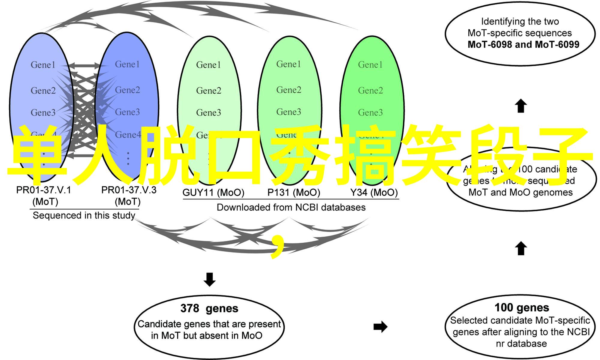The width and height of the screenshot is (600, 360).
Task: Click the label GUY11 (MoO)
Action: pyautogui.click(x=213, y=193)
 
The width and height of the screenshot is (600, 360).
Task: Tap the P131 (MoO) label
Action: pyautogui.click(x=294, y=193)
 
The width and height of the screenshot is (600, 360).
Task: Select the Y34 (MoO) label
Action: pyautogui.click(x=374, y=193)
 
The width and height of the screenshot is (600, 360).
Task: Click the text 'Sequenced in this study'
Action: pyautogui.click(x=84, y=215)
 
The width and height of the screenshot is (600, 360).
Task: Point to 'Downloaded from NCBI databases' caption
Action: pyautogui.click(x=291, y=207)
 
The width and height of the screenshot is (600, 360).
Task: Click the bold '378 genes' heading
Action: pyautogui.click(x=209, y=308)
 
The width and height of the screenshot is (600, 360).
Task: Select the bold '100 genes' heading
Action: pyautogui.click(x=522, y=307)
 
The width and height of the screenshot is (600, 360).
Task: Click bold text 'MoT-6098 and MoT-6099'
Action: pyautogui.click(x=523, y=44)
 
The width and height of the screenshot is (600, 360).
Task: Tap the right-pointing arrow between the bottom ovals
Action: pyautogui.click(x=380, y=327)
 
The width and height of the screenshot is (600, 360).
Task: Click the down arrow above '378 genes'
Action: pyautogui.click(x=209, y=279)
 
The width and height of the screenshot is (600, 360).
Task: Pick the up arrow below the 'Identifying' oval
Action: pyautogui.click(x=521, y=106)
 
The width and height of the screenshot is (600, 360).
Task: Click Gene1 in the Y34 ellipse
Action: pyautogui.click(x=370, y=65)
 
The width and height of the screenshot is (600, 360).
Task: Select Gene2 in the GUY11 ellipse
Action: pyautogui.click(x=208, y=91)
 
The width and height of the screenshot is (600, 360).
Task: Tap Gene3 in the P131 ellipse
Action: pyautogui.click(x=289, y=112)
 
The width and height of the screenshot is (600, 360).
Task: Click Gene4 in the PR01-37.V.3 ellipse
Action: pyautogui.click(x=128, y=135)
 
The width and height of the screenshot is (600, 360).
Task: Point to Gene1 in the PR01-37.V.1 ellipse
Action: pyautogui.click(x=43, y=65)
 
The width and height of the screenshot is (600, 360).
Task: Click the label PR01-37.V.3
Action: pyautogui.click(x=129, y=190)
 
